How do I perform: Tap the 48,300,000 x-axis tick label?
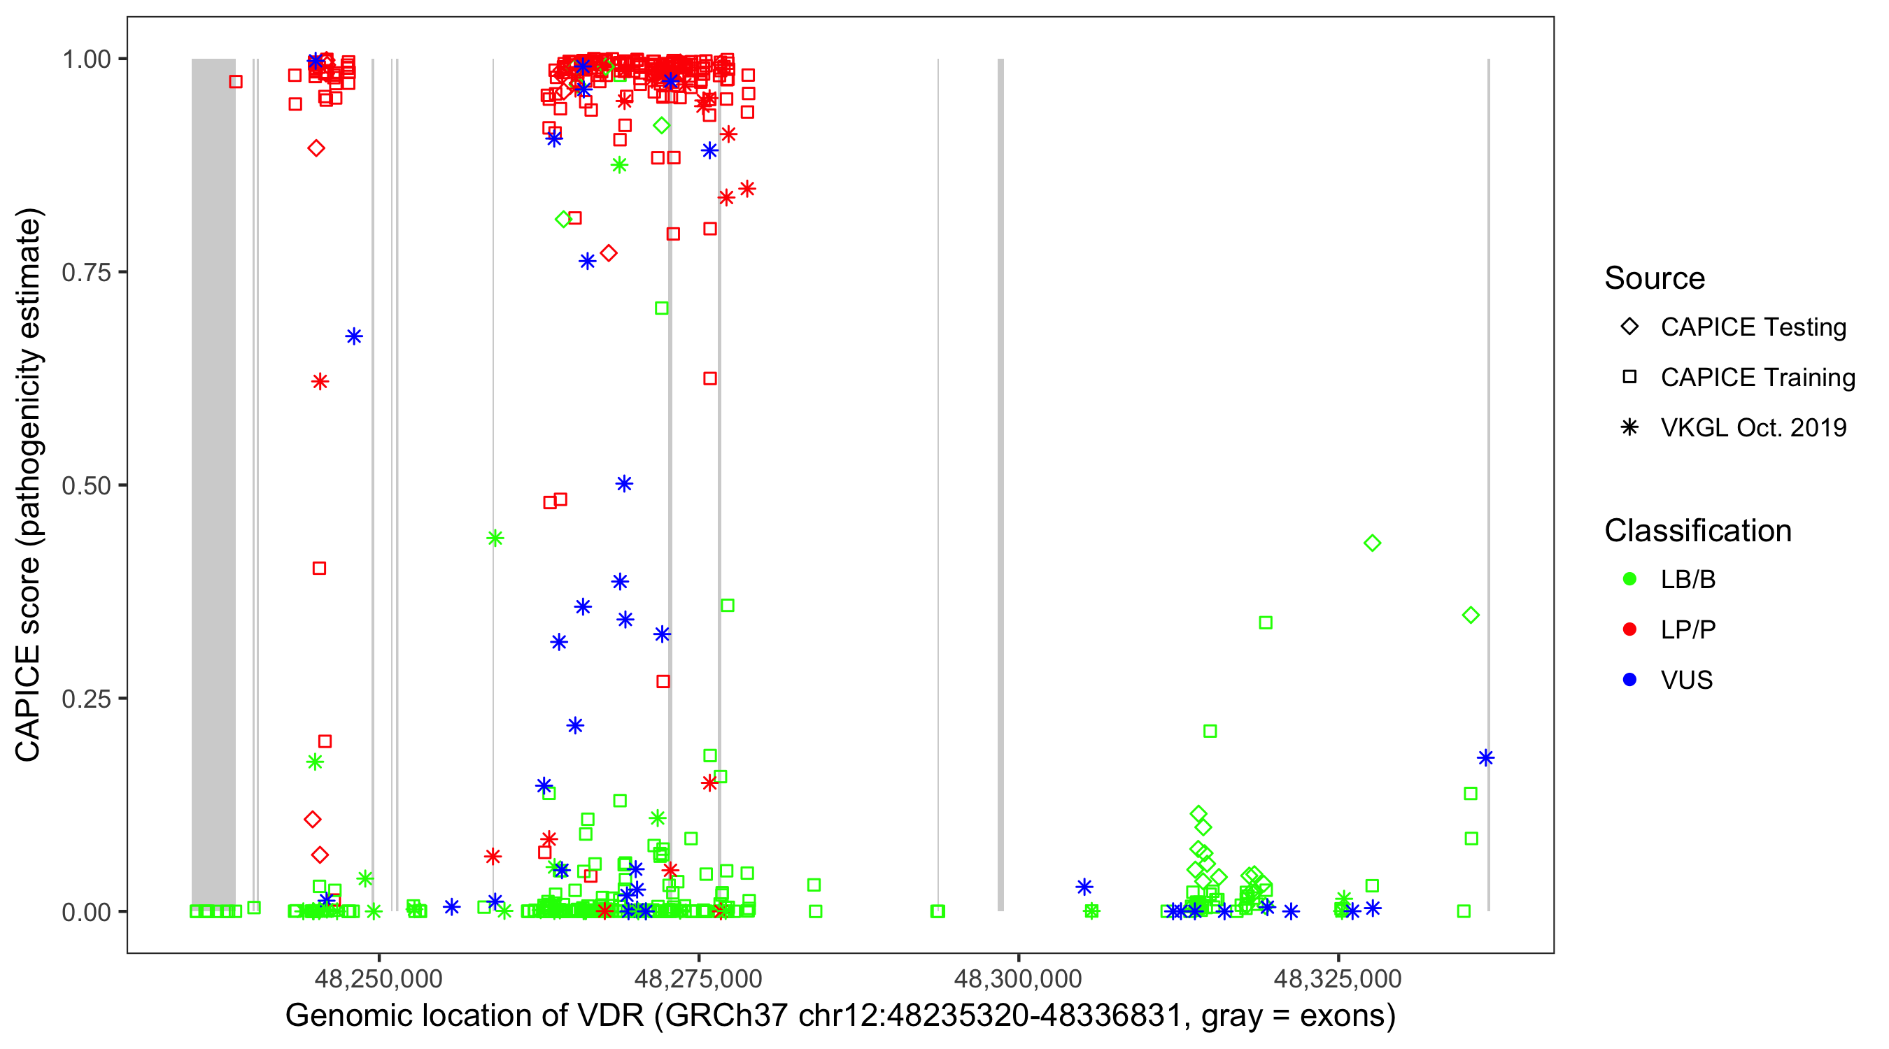tap(1018, 978)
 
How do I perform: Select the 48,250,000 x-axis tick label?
tap(378, 978)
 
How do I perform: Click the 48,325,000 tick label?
tap(1338, 978)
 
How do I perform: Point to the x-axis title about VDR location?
tap(840, 1016)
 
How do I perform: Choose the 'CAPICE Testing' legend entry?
tap(1753, 327)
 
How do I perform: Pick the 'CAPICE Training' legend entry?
tap(1757, 378)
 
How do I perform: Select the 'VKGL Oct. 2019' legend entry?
tap(1753, 428)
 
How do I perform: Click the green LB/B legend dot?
tap(1629, 580)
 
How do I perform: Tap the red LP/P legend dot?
tap(1629, 629)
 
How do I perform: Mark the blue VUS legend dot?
tap(1629, 680)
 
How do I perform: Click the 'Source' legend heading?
tap(1654, 278)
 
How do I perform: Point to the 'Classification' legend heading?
tap(1697, 531)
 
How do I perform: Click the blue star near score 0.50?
tap(624, 484)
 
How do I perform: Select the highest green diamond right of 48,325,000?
tap(1372, 543)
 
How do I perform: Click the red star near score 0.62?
tap(320, 382)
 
